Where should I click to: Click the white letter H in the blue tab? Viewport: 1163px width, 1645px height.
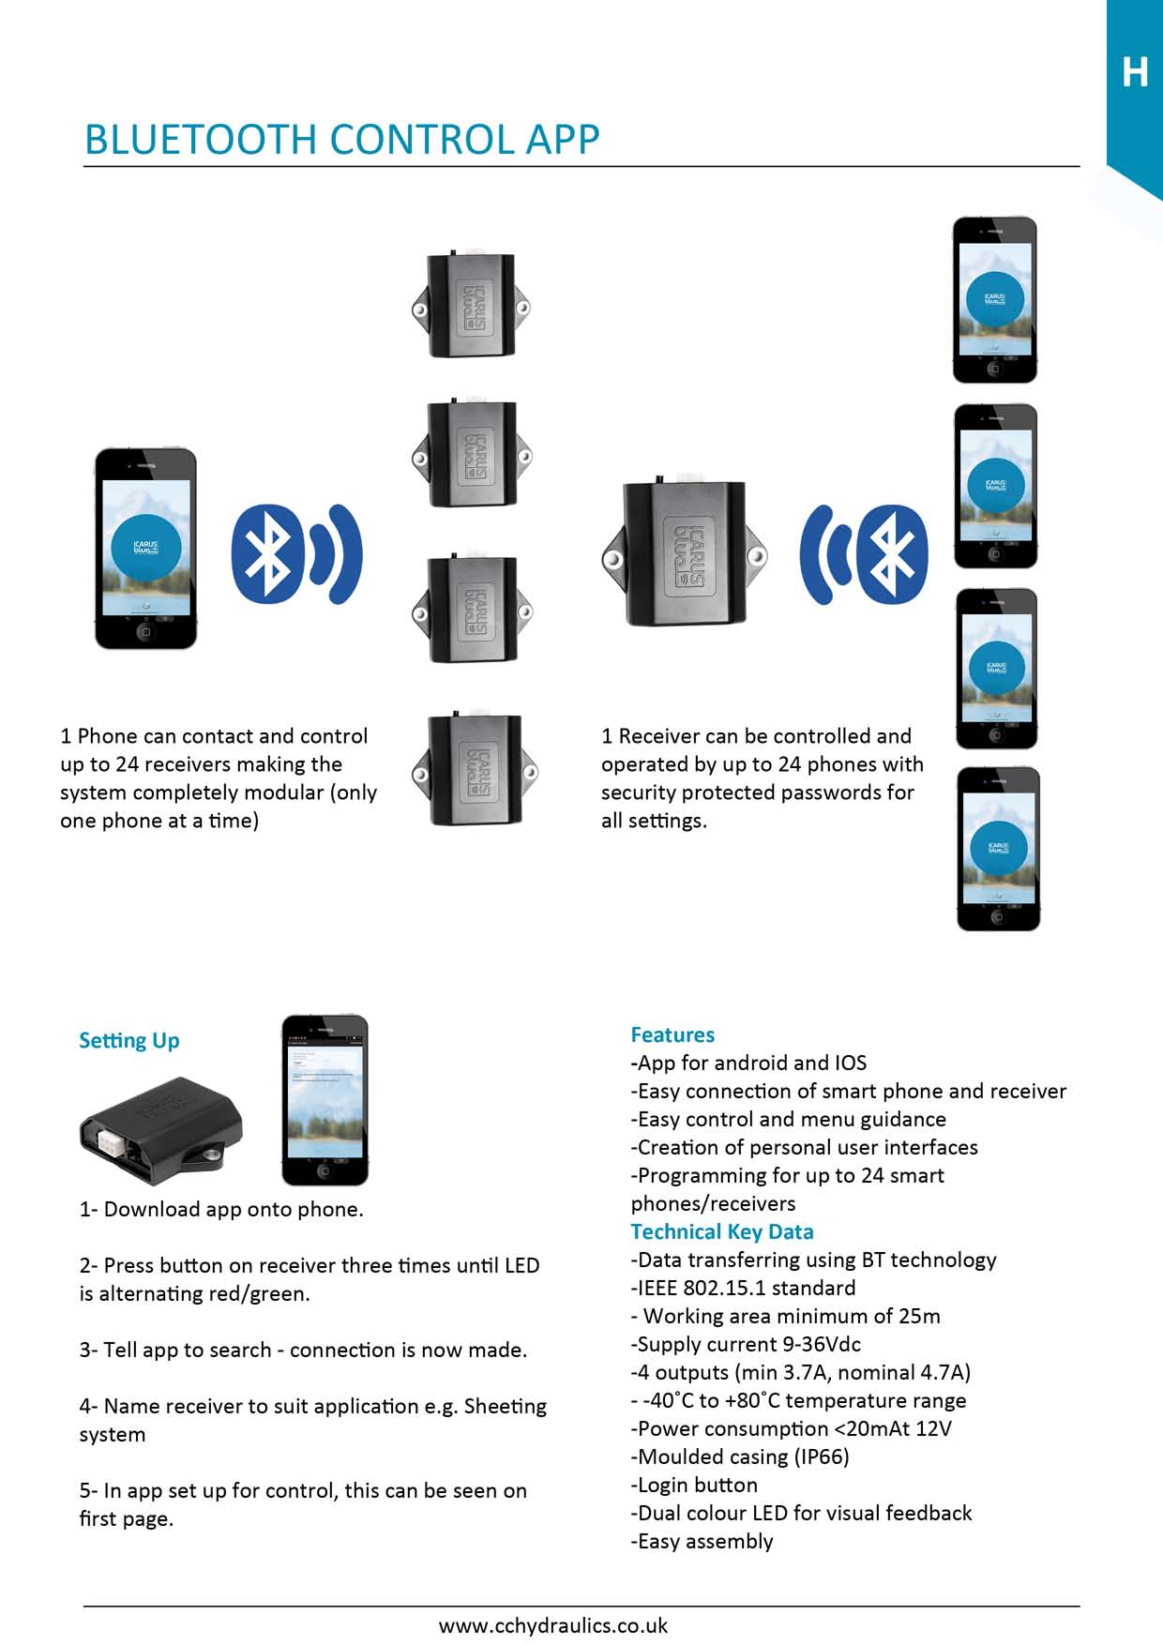(x=1135, y=72)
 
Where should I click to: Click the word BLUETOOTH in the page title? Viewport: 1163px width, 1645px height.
(x=203, y=139)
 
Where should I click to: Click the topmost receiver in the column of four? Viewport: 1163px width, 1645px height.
(x=471, y=306)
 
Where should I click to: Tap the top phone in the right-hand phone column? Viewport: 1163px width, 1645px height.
(x=994, y=300)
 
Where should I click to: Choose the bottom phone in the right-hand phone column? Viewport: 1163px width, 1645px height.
(x=998, y=849)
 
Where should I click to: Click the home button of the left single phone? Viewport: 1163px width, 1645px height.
(x=145, y=632)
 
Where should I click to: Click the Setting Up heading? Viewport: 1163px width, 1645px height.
(x=128, y=1040)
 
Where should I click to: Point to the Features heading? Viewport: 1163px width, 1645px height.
(x=672, y=1034)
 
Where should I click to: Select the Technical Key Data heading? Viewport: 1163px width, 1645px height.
(x=721, y=1231)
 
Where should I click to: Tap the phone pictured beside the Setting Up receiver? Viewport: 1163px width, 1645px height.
(x=325, y=1100)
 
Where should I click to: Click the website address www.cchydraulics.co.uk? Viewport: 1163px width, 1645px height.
(x=553, y=1625)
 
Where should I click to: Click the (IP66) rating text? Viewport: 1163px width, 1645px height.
(x=822, y=1456)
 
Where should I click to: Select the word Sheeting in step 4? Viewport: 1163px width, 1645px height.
(x=505, y=1406)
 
